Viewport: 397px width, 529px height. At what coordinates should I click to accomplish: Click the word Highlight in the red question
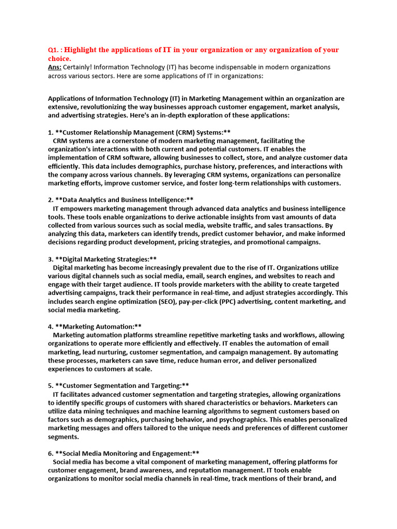[83, 50]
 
